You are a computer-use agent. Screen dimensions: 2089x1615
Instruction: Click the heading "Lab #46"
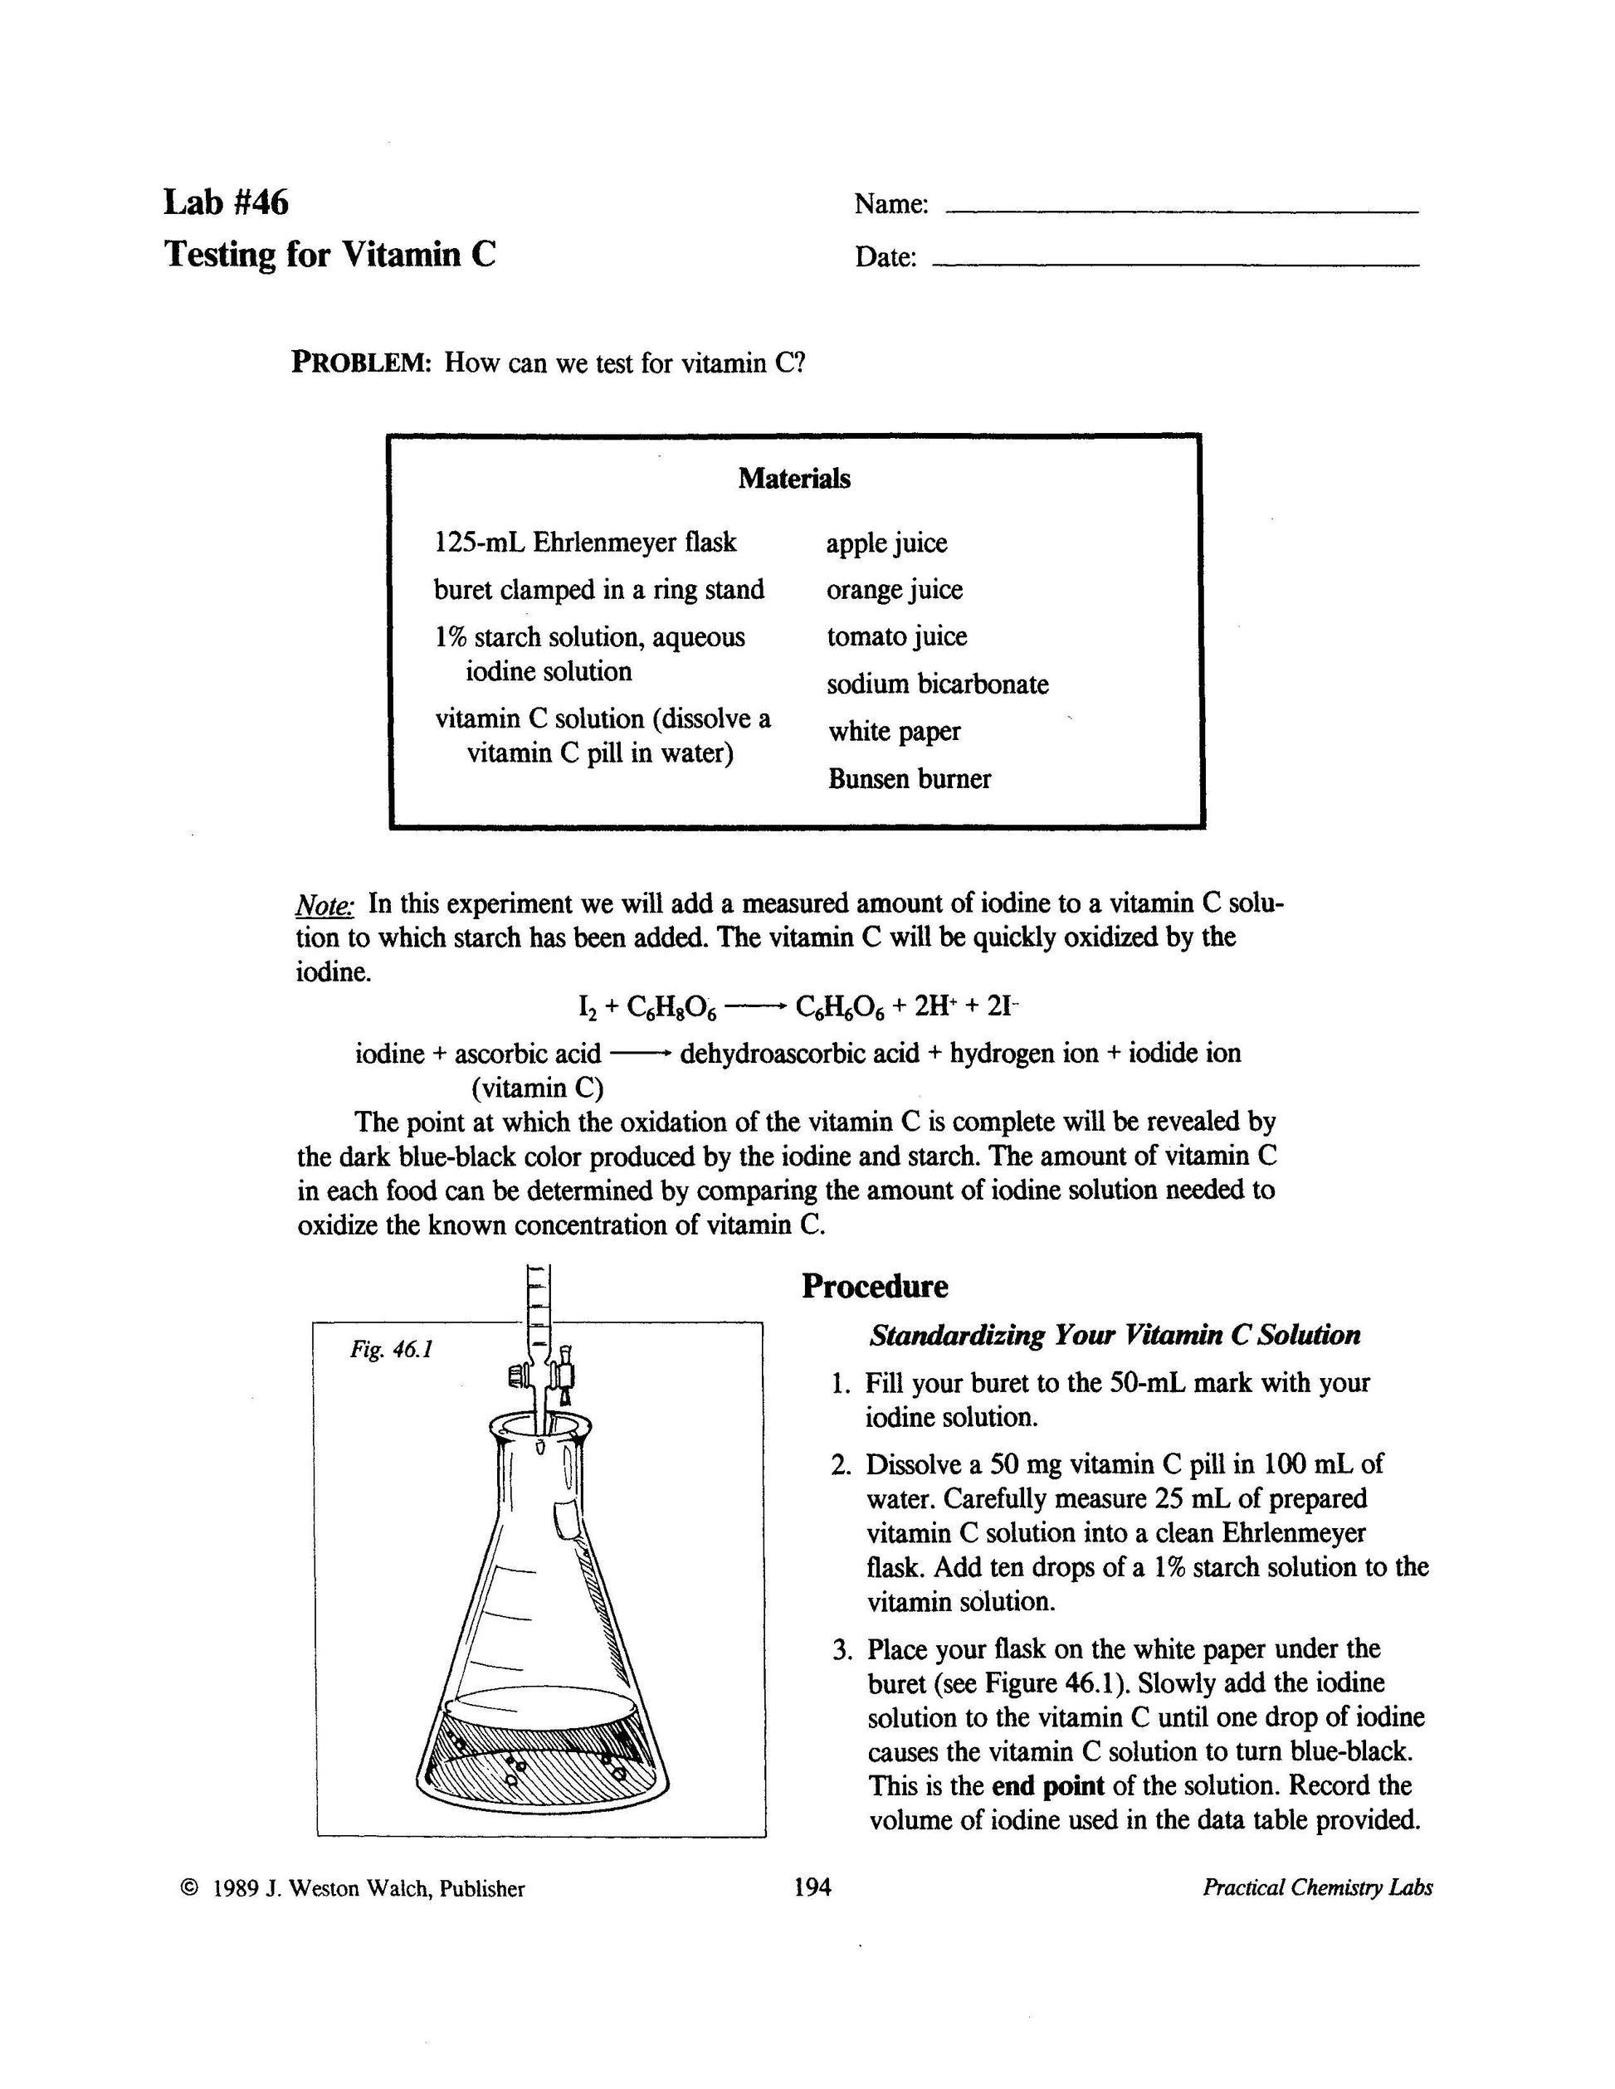(226, 202)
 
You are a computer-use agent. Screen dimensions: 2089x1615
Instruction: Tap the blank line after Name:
(1181, 211)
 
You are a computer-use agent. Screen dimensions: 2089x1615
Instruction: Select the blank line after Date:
(1175, 263)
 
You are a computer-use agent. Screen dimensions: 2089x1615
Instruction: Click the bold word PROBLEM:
(363, 363)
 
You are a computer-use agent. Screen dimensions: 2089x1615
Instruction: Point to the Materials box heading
(793, 478)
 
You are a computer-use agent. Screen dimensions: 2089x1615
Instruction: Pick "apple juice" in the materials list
(886, 543)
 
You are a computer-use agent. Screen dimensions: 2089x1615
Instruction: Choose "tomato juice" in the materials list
(896, 637)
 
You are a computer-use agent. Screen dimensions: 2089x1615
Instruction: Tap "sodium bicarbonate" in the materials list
(937, 684)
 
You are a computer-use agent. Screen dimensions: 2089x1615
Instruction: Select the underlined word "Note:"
(325, 905)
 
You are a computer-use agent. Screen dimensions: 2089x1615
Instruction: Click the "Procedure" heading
(875, 1287)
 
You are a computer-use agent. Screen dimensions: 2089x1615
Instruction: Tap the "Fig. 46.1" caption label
(392, 1350)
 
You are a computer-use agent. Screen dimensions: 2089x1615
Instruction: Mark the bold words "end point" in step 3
(1047, 1786)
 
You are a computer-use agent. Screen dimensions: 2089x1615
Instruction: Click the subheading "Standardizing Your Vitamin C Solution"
(1115, 1335)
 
